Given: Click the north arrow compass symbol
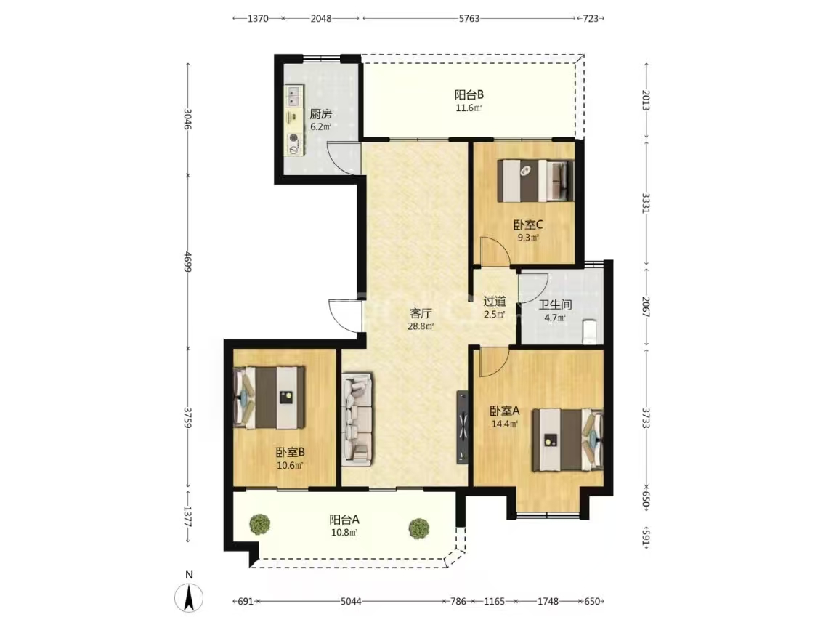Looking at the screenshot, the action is point(189,597).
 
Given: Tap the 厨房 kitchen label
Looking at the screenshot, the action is point(320,114).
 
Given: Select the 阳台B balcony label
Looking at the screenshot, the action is point(469,95).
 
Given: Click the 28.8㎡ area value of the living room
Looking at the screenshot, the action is point(421,326).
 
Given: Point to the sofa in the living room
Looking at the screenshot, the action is point(357,419).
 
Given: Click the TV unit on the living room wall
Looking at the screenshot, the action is point(463,427).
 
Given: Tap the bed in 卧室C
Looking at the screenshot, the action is point(535,181).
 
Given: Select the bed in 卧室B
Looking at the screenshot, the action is point(269,398).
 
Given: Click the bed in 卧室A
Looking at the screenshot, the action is point(567,440).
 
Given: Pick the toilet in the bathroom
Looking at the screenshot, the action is point(589,331).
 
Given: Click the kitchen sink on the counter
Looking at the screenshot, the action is point(293,97).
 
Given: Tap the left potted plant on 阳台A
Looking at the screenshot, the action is point(260,524).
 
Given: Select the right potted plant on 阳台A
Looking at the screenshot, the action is point(418,528).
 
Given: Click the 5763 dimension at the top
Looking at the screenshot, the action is point(469,19).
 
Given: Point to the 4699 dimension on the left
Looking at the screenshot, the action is point(187,262).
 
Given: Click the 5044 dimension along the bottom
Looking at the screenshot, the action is point(351,601).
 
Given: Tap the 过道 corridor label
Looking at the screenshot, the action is point(495,301).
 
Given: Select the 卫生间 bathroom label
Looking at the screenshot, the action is point(555,305).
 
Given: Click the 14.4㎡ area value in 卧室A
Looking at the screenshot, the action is point(505,424).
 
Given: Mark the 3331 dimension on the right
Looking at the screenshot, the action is point(646,203).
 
